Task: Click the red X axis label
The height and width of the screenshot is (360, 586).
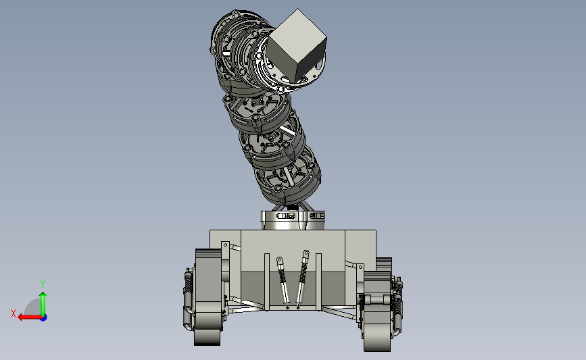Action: coord(14,313)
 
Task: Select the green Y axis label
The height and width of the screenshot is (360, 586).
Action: coord(43,284)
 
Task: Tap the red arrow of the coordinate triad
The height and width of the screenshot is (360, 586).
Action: coord(29,317)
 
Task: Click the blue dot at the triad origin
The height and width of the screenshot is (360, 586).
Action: coord(44,317)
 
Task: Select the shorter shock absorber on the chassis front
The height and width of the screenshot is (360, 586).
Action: coord(283,282)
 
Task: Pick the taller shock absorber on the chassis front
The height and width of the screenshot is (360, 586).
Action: coord(302,279)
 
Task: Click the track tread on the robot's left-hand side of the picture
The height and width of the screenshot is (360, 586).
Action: coord(207,297)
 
